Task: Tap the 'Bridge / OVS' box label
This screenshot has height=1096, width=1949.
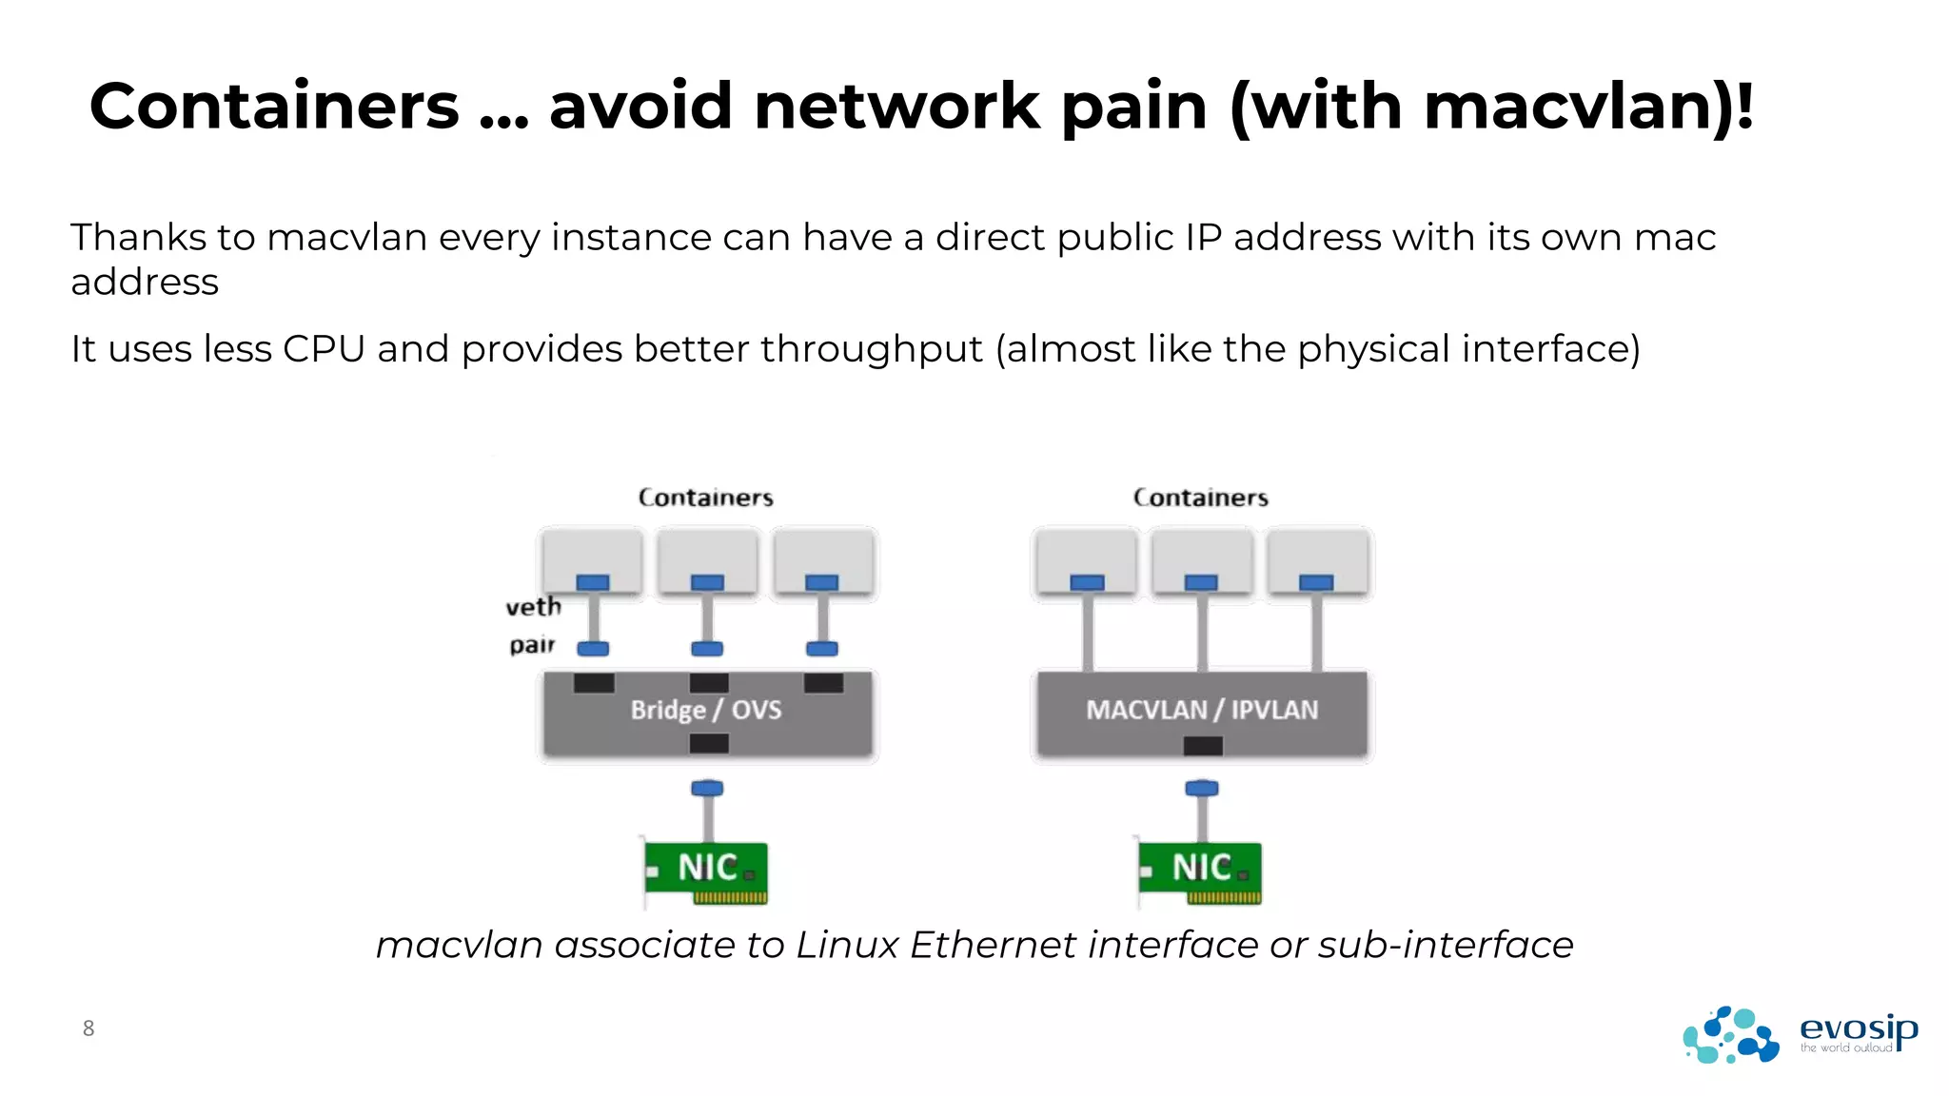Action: [x=705, y=710]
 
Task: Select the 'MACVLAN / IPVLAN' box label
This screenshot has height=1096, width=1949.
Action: [x=1202, y=710]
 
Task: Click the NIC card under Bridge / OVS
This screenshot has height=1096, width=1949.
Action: [x=706, y=870]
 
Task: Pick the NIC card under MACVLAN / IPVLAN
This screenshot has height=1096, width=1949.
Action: [x=1201, y=870]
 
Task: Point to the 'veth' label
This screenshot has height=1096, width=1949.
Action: [x=533, y=607]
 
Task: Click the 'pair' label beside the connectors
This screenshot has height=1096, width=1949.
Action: [x=531, y=645]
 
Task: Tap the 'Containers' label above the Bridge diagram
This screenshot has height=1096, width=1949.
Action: [x=705, y=498]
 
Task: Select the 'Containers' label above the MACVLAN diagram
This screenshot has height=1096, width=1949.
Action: [x=1200, y=498]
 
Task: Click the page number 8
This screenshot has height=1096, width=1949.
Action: [x=89, y=1028]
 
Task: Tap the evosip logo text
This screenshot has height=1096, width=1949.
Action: [x=1858, y=1028]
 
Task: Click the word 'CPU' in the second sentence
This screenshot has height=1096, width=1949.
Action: [x=324, y=349]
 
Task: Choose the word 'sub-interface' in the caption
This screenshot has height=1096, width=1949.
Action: [x=1446, y=945]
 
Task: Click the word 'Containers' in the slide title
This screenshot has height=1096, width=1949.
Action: [x=274, y=107]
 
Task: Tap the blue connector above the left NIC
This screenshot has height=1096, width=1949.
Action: [x=707, y=788]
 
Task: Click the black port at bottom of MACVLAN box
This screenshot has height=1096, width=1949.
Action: [x=1203, y=746]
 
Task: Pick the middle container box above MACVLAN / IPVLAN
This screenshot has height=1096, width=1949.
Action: [x=1202, y=561]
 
